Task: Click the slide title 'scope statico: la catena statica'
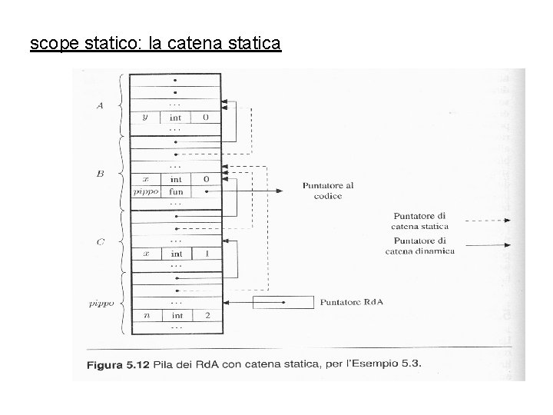(155, 44)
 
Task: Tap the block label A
(99, 106)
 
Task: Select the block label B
(100, 174)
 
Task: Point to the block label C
(100, 243)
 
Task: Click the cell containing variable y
(144, 118)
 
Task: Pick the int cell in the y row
(176, 118)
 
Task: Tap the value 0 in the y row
(205, 118)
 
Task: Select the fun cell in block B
(176, 191)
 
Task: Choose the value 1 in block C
(205, 253)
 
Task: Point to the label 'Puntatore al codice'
(328, 191)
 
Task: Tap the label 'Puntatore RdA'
(353, 302)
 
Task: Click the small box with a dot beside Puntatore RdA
(284, 302)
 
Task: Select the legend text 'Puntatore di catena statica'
(419, 221)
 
